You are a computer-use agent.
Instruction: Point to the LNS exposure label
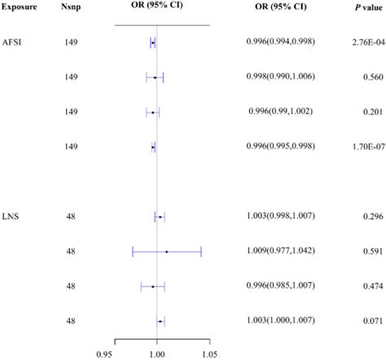coord(12,216)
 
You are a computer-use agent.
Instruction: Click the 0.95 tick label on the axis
coord(105,353)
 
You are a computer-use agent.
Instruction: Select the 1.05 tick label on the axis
coord(209,353)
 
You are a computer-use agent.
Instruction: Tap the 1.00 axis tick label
coord(157,353)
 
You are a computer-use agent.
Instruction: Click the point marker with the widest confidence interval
coord(166,252)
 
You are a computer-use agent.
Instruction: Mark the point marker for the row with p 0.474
coord(153,287)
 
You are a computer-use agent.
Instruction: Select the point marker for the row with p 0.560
coord(155,77)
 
